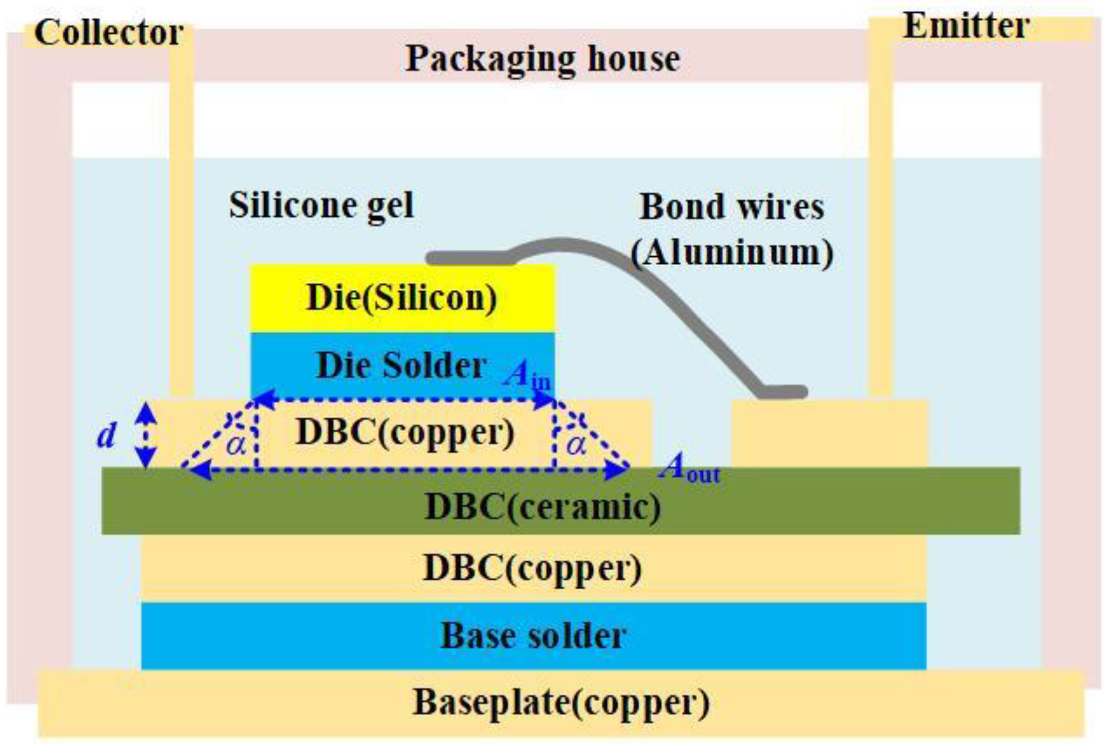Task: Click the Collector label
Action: coord(108,33)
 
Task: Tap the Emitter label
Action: coord(965,26)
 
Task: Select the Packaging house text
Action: coord(542,58)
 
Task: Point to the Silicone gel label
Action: coord(321,205)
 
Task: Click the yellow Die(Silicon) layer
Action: coord(402,298)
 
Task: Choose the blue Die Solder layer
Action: coord(402,366)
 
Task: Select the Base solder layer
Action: coord(533,635)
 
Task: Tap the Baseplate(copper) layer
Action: coord(561,703)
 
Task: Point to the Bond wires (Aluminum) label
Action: coord(732,229)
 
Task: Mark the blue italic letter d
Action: coord(107,434)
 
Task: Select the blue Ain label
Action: coord(528,374)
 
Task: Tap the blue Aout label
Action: coord(689,468)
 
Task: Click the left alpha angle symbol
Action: coord(236,445)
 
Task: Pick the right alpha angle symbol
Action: coord(576,445)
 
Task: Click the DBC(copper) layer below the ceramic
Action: coord(533,568)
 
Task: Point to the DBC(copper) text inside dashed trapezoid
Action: coord(405,433)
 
